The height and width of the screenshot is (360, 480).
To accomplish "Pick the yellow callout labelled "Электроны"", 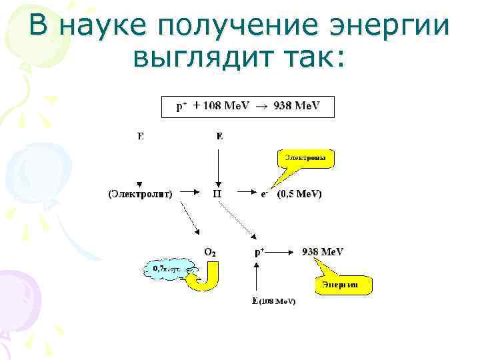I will coord(305,159).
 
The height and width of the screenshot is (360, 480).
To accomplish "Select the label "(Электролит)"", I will coord(140,194).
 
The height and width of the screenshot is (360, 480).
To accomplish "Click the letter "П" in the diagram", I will coord(218,194).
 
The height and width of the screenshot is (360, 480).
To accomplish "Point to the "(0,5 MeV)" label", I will coord(299,194).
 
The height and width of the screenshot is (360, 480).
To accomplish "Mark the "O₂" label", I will coord(209,252).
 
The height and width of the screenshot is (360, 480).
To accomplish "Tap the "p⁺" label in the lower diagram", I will coord(259,252).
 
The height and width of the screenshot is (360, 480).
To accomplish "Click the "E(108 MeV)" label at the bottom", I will coord(273,301).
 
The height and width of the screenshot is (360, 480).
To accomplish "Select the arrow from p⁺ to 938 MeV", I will coord(282,252).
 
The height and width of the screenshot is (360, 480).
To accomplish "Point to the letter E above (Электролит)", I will coord(140,137).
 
